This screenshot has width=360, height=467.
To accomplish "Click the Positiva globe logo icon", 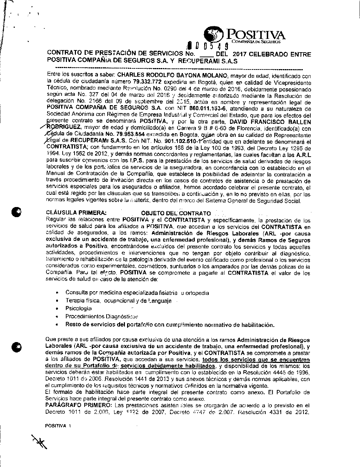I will click(x=213, y=35).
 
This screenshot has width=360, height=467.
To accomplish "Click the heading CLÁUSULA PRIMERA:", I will click(x=77, y=213).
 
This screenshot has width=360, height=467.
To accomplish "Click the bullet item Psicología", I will click(x=78, y=309).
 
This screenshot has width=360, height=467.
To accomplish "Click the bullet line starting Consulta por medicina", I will click(x=137, y=293).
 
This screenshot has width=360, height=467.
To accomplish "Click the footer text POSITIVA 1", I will click(x=58, y=425).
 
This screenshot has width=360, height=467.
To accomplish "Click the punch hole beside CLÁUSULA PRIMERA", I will click(x=17, y=212).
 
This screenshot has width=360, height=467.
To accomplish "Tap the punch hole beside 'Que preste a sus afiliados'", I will click(x=17, y=346).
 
